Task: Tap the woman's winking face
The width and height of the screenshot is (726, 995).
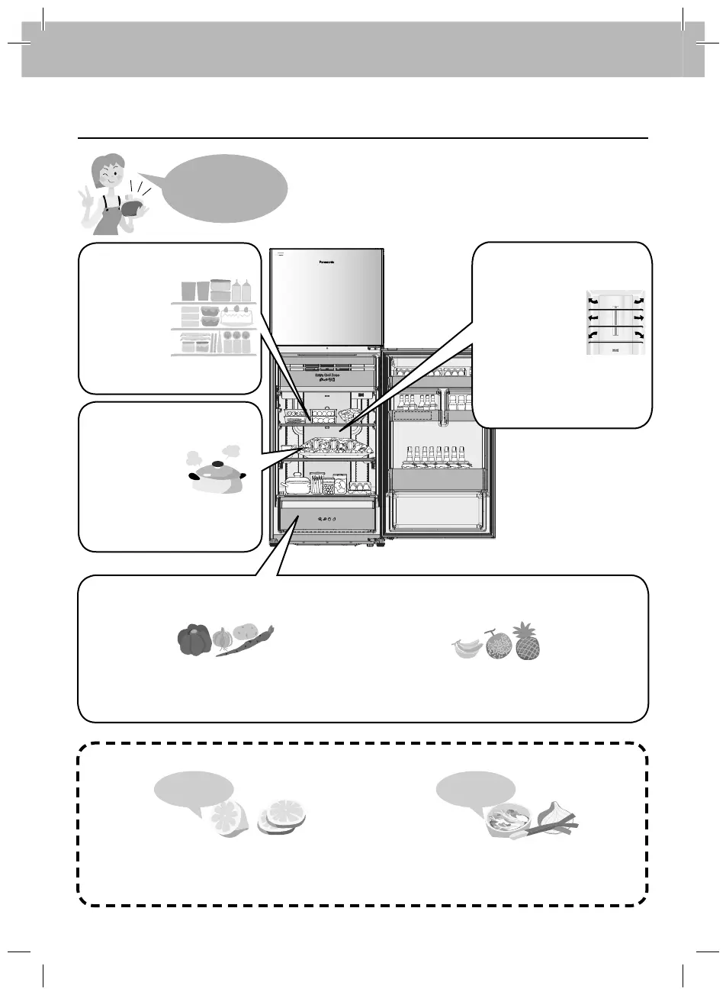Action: tap(106, 175)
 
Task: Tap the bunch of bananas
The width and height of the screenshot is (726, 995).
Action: tap(467, 649)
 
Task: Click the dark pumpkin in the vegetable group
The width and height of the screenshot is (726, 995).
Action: tap(194, 641)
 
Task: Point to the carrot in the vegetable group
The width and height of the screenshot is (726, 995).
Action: tap(246, 641)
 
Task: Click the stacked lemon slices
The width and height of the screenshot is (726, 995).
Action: tap(282, 817)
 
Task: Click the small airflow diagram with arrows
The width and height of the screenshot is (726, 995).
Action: tap(617, 323)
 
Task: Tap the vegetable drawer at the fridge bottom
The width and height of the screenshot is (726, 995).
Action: tap(328, 518)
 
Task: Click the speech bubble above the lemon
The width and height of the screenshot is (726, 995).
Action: tap(194, 789)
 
